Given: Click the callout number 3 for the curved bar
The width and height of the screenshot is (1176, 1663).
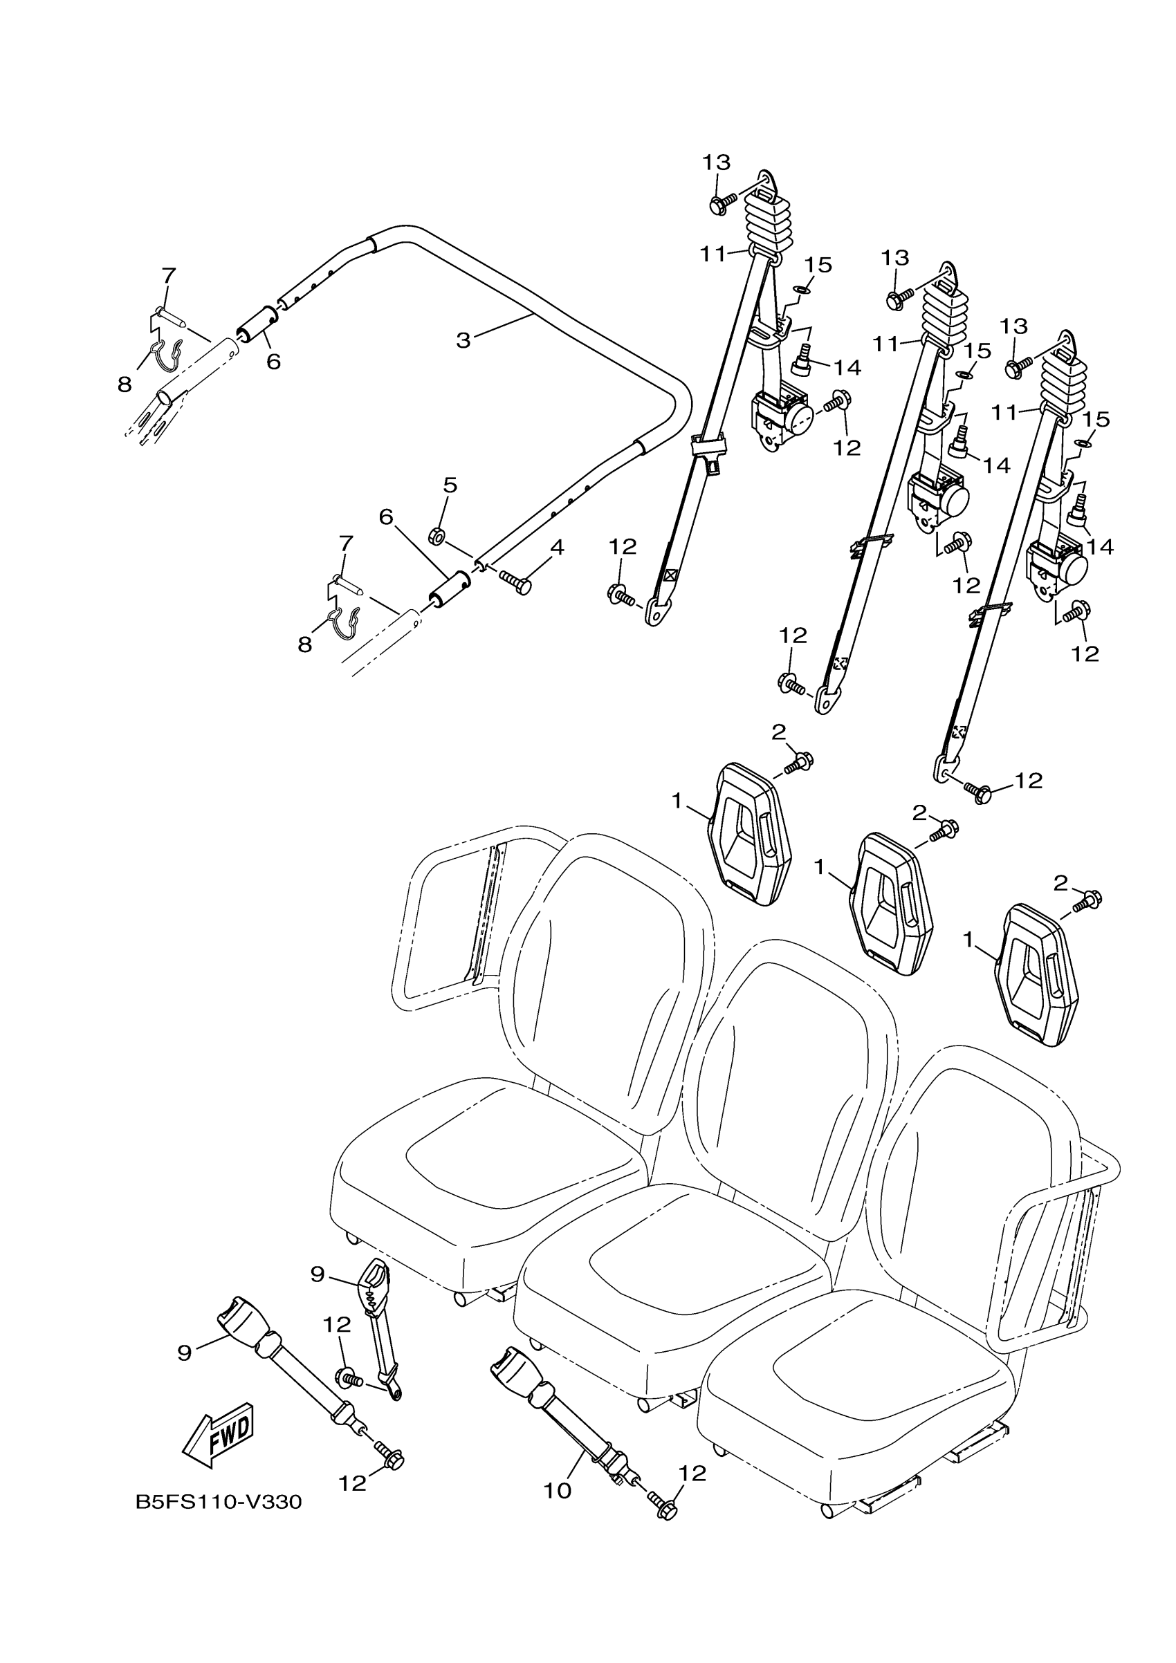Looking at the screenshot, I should pyautogui.click(x=463, y=339).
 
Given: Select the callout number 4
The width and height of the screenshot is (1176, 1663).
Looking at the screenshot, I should pyautogui.click(x=555, y=548).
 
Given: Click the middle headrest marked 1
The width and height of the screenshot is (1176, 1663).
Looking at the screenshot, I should pyautogui.click(x=891, y=904).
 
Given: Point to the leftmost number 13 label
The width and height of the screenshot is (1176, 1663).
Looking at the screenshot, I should pyautogui.click(x=715, y=162).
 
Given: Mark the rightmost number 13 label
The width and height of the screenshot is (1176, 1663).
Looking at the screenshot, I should pyautogui.click(x=1013, y=326).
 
